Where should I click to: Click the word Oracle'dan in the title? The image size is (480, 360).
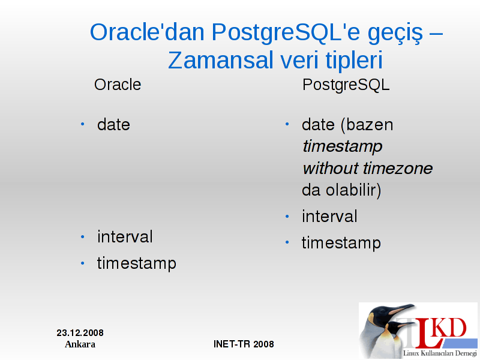[x=147, y=32]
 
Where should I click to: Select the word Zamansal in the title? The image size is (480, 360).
[x=220, y=60]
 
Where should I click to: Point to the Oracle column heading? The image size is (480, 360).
[x=118, y=85]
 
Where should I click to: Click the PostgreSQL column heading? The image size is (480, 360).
[x=346, y=85]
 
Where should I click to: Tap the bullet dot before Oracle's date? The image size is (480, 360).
[x=82, y=124]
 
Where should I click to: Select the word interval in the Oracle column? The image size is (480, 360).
[x=125, y=236]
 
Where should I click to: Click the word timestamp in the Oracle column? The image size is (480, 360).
[x=137, y=263]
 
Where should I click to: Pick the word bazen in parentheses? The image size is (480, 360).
[x=367, y=125]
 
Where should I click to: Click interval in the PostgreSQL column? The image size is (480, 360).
[x=329, y=217]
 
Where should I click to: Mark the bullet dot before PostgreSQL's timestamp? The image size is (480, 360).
[x=287, y=242]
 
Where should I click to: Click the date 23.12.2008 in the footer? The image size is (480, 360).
[x=80, y=333]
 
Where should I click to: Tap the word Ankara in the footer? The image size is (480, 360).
[x=80, y=344]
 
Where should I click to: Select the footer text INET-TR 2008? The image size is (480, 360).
[x=244, y=344]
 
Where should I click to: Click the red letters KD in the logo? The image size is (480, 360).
[x=450, y=328]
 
